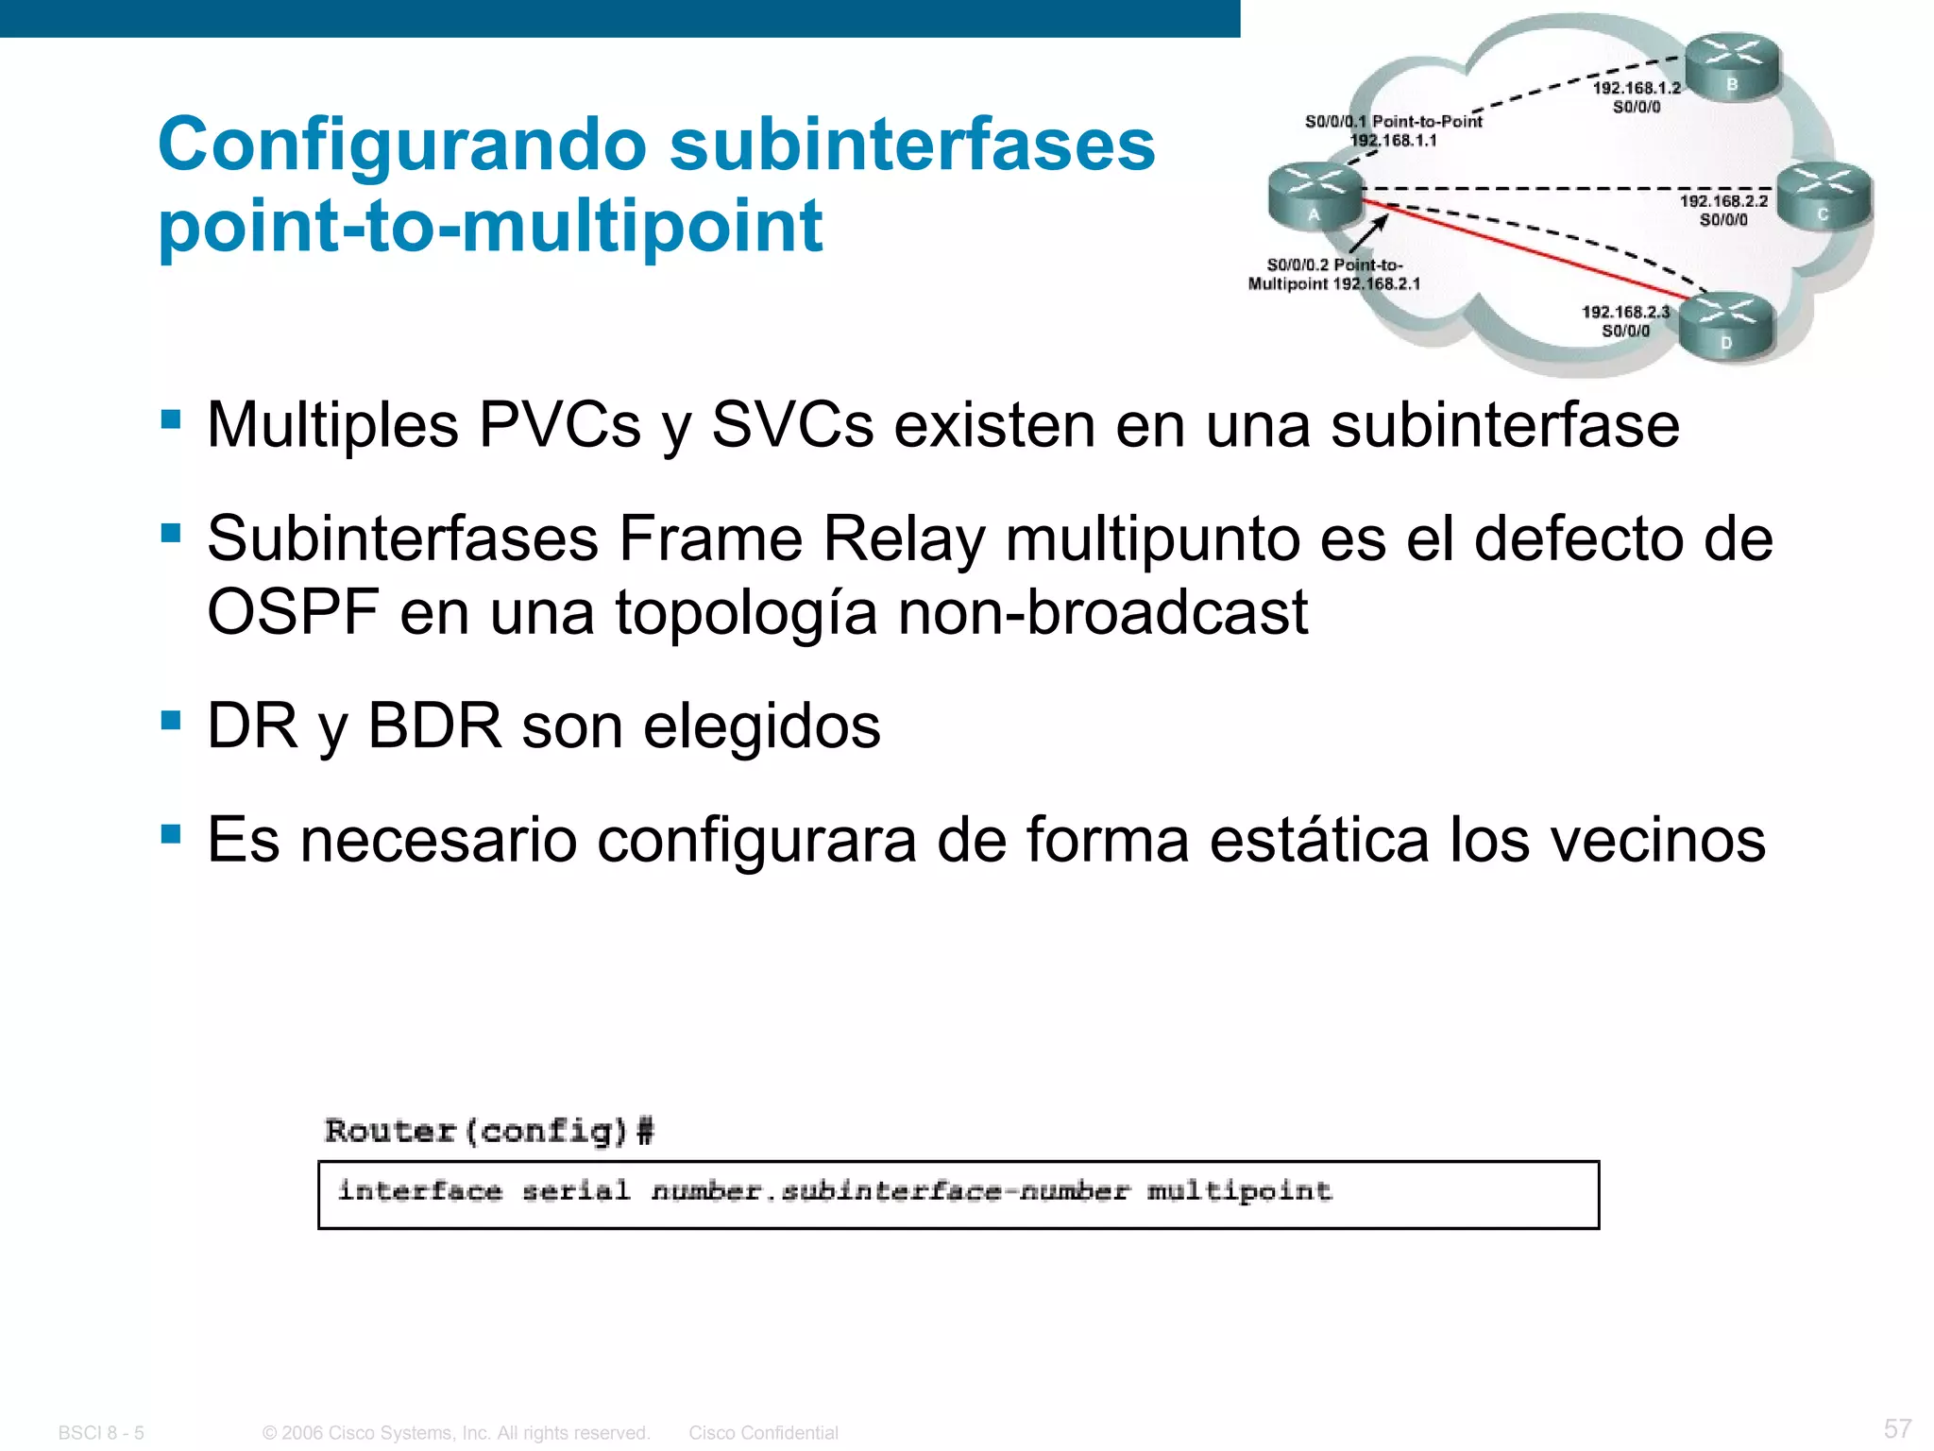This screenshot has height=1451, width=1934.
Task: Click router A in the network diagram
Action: [1314, 196]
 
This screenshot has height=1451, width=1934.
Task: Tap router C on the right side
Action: [1824, 196]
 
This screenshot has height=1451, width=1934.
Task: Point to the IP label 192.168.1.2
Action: [1637, 88]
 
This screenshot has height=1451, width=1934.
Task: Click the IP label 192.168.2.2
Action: [1723, 201]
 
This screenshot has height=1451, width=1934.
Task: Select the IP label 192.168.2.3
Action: [1625, 312]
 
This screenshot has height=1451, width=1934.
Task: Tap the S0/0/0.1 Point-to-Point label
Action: [1393, 121]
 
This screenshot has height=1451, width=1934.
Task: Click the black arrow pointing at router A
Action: [1370, 232]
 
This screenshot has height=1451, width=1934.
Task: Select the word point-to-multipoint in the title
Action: [490, 226]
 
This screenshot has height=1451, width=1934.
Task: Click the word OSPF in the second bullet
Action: [293, 611]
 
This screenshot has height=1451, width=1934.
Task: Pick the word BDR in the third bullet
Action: [434, 725]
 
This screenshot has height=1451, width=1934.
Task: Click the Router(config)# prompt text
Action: [489, 1131]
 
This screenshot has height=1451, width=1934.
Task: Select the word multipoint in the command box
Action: [1239, 1191]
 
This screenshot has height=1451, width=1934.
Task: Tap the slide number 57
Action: [1897, 1428]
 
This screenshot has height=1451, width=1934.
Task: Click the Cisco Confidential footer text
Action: [763, 1433]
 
